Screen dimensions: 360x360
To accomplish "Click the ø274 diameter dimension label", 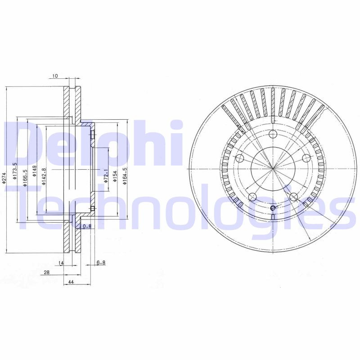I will (x=4, y=179).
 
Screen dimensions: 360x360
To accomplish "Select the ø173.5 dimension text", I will (x=14, y=171).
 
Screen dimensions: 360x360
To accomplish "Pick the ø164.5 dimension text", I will (x=126, y=175).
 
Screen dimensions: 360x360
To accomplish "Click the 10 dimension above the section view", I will (x=55, y=76).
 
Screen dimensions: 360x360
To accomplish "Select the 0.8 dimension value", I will (x=87, y=226).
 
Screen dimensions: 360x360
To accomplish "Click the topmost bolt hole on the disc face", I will (x=273, y=134).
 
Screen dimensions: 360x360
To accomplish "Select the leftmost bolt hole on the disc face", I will (x=239, y=158).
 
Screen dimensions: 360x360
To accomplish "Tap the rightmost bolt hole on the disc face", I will (x=306, y=158).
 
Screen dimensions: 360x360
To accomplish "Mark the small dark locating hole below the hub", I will (x=273, y=208).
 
